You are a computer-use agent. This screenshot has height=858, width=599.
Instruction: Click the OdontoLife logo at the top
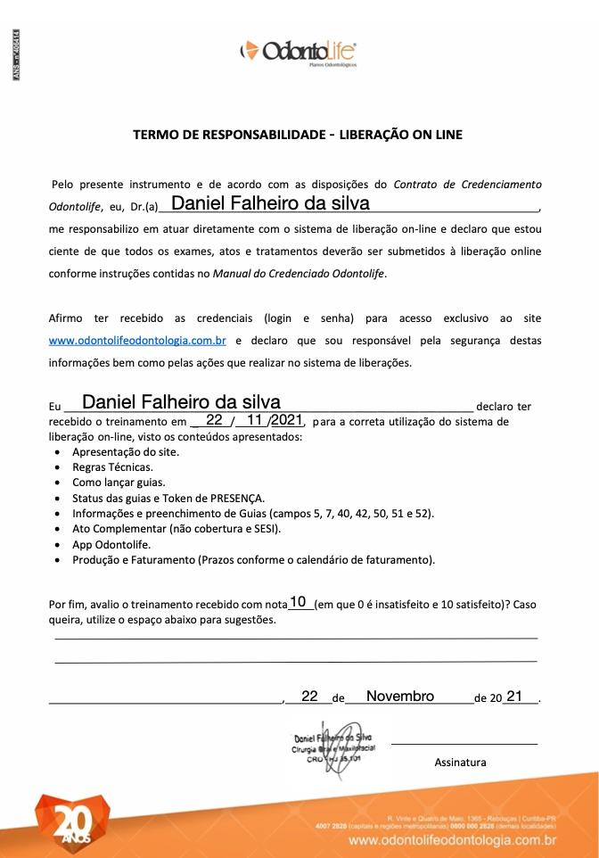tap(299, 51)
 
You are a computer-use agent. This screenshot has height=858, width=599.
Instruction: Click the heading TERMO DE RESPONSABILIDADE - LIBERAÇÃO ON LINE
tap(298, 136)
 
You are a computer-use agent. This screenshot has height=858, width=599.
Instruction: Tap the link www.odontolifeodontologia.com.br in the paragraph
tap(137, 340)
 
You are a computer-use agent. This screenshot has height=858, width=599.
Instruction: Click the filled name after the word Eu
tap(181, 402)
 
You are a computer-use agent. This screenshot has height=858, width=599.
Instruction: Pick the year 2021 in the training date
tap(287, 420)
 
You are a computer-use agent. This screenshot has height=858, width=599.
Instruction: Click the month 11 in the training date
tap(255, 420)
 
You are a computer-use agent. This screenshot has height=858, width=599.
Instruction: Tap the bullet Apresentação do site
tap(126, 451)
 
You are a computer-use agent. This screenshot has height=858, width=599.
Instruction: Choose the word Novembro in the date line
tap(400, 696)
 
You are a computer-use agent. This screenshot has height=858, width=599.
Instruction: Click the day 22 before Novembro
tap(309, 696)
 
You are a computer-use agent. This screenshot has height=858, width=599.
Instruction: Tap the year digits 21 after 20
tap(514, 696)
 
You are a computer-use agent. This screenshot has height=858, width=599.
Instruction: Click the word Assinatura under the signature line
tap(460, 762)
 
